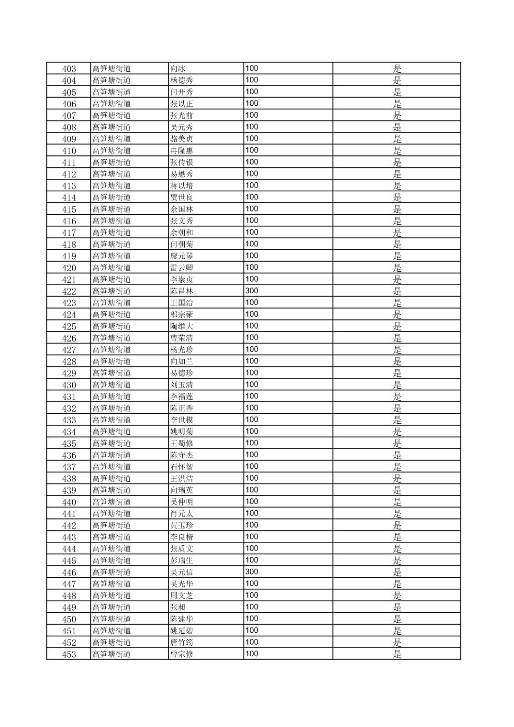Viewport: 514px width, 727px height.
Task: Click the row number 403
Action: coord(69,68)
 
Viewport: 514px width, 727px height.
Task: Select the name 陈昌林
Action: coord(182,291)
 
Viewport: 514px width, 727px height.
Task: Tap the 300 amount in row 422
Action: coord(252,291)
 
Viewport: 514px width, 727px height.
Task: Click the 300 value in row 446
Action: coord(252,572)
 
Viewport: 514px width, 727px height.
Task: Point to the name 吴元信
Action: coord(182,573)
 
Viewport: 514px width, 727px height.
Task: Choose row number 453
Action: coord(69,654)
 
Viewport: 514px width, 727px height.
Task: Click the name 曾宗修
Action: coord(182,654)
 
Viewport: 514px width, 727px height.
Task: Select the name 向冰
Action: coord(178,68)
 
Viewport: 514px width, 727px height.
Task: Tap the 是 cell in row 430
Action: coord(397,385)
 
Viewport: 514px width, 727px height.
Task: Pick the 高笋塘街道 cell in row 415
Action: coord(112,209)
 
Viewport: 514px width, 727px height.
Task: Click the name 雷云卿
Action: coord(182,268)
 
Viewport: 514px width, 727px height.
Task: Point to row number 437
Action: coord(69,467)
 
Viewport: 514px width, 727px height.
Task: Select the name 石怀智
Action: coord(182,467)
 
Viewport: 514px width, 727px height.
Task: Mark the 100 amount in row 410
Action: coord(252,150)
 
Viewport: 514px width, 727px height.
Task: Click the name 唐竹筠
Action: coord(182,643)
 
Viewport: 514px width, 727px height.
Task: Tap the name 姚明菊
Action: coord(182,432)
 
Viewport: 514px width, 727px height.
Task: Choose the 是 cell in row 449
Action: coord(397,607)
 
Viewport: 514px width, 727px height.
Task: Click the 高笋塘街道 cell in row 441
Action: coord(112,514)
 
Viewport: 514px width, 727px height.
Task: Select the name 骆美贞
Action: coord(182,139)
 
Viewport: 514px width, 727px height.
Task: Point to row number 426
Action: coord(69,338)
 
